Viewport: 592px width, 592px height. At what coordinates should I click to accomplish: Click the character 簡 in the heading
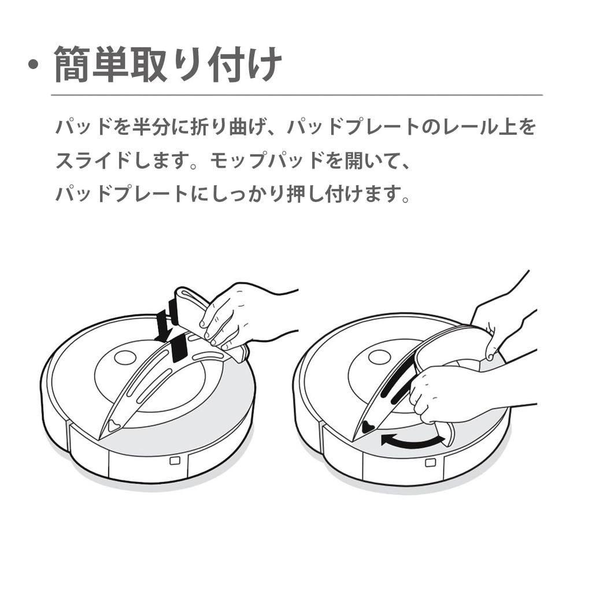[x=72, y=64]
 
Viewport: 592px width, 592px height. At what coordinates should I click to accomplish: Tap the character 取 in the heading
[x=149, y=64]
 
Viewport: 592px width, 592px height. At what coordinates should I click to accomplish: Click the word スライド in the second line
[x=93, y=161]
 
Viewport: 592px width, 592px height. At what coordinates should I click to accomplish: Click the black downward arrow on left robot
[x=165, y=325]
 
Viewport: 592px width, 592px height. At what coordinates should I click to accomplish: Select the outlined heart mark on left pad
[x=113, y=426]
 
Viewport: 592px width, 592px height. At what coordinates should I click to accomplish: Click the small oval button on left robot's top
[x=125, y=357]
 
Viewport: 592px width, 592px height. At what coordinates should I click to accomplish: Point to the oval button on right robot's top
[x=379, y=357]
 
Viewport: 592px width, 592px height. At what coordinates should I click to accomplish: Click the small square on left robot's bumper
[x=175, y=461]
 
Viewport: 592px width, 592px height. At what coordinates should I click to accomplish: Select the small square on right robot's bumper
[x=430, y=463]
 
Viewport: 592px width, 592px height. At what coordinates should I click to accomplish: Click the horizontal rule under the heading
[x=297, y=95]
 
